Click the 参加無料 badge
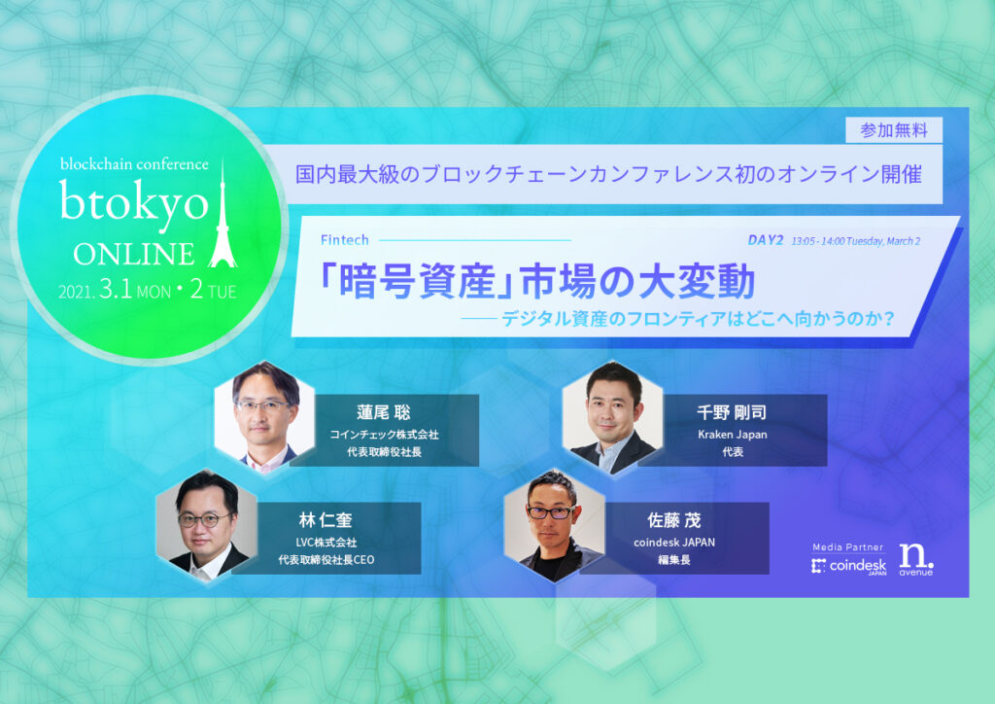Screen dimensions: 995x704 coord(894,130)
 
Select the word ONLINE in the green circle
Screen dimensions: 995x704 coord(134,254)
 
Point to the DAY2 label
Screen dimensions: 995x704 coord(766,240)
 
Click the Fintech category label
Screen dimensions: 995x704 coord(345,240)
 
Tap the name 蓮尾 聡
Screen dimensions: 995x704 coord(384,412)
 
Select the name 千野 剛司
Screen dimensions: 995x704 coord(733,412)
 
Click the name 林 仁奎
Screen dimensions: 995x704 coord(326,520)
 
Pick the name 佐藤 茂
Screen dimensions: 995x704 coord(674,520)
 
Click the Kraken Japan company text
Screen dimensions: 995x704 coord(733,435)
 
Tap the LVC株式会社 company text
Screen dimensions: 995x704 coord(326,543)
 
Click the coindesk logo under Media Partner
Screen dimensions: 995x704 coord(848,566)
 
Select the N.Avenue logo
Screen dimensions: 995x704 coord(915,560)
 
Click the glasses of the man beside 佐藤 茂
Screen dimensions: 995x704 coord(550,511)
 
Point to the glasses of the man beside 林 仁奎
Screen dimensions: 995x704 coord(204,519)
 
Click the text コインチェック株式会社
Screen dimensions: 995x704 coord(384,435)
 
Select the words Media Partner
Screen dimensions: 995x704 coord(847,547)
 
